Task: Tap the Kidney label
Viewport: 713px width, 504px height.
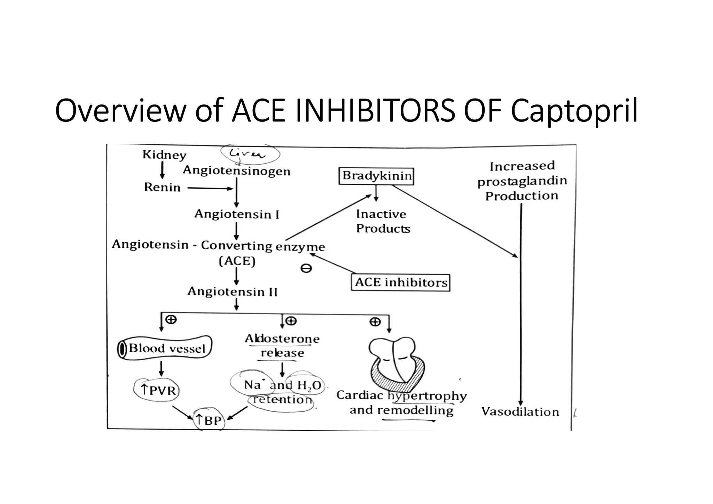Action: click(164, 155)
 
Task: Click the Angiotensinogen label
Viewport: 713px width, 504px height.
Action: click(236, 171)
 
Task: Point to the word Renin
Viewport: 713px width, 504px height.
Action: click(162, 187)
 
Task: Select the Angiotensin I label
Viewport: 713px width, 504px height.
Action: click(237, 214)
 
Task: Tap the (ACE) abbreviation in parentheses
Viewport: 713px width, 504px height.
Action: click(237, 261)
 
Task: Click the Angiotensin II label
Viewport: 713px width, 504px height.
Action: click(232, 291)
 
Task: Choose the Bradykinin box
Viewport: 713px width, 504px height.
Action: click(376, 175)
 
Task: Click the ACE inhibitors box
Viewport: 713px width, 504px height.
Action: click(400, 282)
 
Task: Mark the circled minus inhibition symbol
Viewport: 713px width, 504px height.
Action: click(306, 268)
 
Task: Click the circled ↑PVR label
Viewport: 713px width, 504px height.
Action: click(157, 390)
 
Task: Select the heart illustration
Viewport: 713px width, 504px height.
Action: click(397, 362)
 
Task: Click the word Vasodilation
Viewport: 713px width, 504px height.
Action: click(520, 412)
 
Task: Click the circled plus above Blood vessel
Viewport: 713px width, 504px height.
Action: click(171, 319)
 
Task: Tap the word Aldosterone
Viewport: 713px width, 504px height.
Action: click(282, 339)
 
